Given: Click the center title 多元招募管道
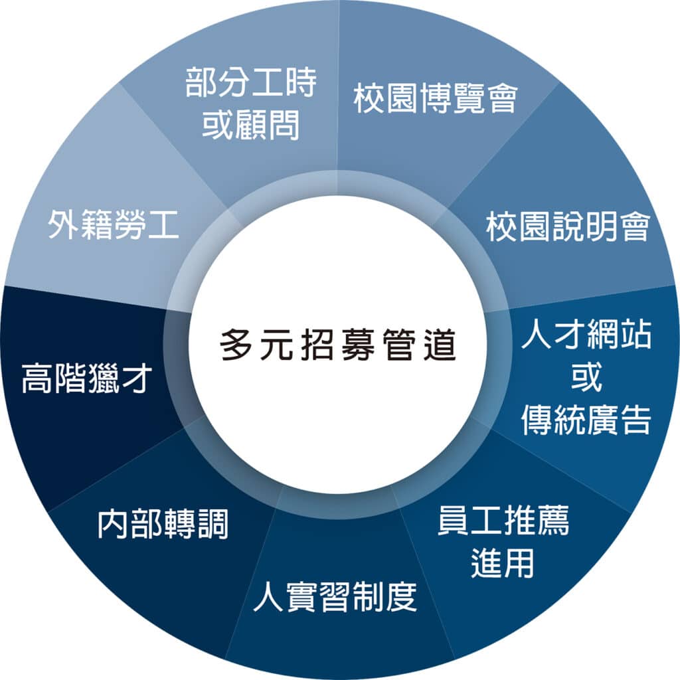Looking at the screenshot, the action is coord(338,345).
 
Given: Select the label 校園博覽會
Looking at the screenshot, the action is coord(436,98).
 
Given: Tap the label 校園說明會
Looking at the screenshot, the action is coord(568,226).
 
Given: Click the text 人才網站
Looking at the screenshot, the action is coord(586,335).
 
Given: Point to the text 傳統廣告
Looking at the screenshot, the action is coord(586,420).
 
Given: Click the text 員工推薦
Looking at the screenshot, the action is coord(503,521).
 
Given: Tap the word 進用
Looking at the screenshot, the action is coord(502,562).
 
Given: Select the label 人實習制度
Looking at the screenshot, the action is coord(335,596).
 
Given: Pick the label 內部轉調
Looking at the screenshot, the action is coord(163,524).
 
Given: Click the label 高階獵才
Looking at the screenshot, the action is coord(87,378).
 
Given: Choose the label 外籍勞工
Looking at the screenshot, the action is coord(113,224).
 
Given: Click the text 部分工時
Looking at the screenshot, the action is coord(250,82).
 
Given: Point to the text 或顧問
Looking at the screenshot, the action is coord(250,124).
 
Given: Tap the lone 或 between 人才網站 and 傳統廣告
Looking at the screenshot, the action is coord(586,377).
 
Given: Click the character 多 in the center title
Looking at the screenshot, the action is coord(236,345).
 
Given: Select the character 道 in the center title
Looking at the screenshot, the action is coord(440,345).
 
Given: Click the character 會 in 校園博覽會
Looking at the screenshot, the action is coord(502,98).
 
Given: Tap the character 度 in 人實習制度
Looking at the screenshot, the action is coord(401,596).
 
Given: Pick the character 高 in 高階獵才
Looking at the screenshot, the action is coord(37,378).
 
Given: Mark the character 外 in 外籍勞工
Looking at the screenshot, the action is coord(64,224).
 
